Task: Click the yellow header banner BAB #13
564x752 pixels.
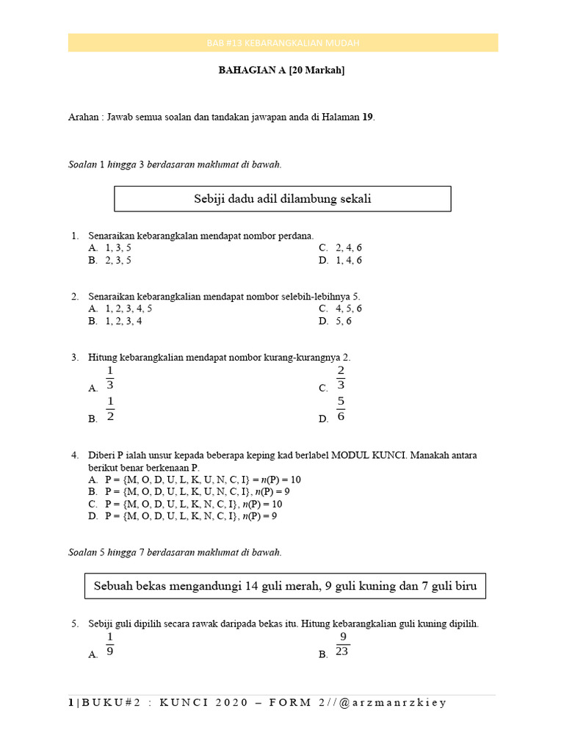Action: [x=283, y=43]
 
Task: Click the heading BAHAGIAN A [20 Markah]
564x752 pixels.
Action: [x=283, y=71]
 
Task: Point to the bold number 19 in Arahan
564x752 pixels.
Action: [x=367, y=117]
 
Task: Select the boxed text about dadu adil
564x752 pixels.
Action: [x=283, y=199]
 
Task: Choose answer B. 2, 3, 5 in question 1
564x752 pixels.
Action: [x=110, y=260]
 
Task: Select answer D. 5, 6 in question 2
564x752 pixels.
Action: [x=336, y=321]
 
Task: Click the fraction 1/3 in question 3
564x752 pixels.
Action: [x=110, y=377]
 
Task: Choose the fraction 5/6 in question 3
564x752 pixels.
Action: [x=341, y=409]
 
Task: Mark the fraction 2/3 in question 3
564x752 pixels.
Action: [x=341, y=377]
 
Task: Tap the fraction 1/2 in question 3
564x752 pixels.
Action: [x=110, y=409]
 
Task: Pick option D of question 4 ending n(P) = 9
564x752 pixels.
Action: [x=182, y=516]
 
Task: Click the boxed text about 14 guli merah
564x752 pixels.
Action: [x=285, y=586]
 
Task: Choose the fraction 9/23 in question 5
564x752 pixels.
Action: [x=342, y=645]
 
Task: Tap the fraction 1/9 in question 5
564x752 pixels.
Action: [x=110, y=645]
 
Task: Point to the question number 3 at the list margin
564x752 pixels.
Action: [x=75, y=358]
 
